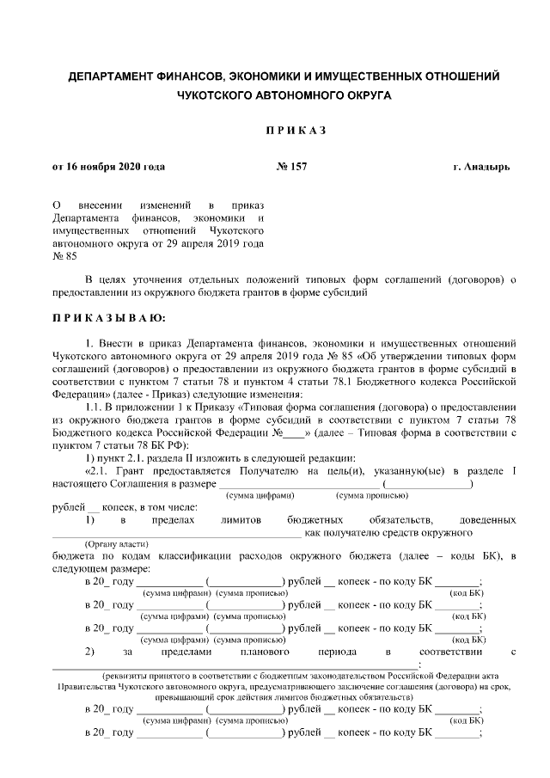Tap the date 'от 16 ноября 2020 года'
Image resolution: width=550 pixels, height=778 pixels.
coord(109,166)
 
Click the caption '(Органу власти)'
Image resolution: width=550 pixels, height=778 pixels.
coord(115,544)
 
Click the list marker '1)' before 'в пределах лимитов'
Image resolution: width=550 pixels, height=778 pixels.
coord(89,520)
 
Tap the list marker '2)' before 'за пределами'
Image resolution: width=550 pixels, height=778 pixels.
coord(89,652)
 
